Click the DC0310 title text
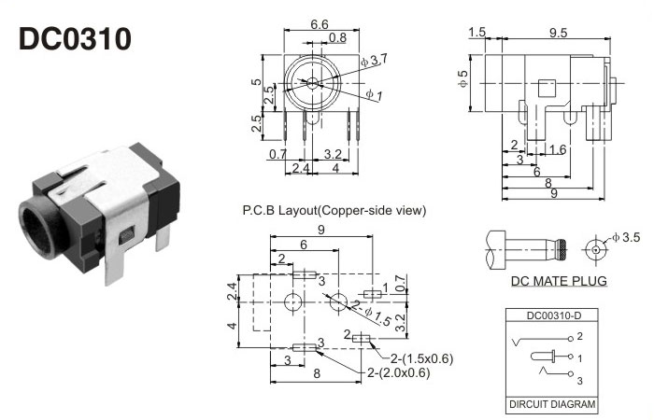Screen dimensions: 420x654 [76, 38]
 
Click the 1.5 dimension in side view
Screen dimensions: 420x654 [477, 33]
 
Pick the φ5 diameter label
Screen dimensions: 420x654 [462, 80]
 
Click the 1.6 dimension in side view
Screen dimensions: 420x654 [557, 148]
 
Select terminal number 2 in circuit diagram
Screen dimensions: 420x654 [579, 335]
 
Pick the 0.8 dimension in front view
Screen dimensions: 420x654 [337, 37]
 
